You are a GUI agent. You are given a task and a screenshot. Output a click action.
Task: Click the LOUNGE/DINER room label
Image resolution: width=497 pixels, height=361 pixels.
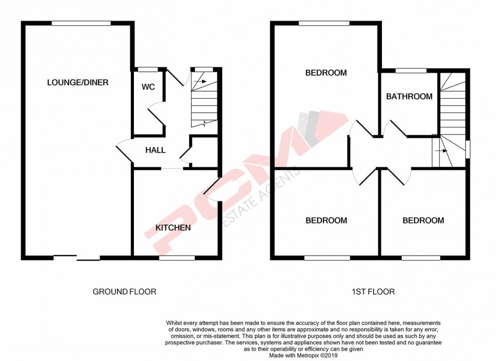pyautogui.click(x=78, y=82)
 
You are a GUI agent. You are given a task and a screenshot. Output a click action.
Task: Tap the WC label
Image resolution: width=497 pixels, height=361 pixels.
pyautogui.click(x=148, y=87)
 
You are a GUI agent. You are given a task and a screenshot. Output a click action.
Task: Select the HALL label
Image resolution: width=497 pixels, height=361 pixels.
pyautogui.click(x=155, y=150)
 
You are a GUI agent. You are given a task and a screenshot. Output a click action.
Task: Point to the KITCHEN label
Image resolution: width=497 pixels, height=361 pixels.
pyautogui.click(x=173, y=228)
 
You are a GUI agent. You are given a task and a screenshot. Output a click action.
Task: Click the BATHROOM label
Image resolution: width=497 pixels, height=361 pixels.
pyautogui.click(x=409, y=96)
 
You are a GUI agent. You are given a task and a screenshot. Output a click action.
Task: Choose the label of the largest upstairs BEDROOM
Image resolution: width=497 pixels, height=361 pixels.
pyautogui.click(x=326, y=73)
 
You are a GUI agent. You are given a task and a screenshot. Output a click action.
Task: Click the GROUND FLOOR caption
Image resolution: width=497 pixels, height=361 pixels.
pyautogui.click(x=124, y=292)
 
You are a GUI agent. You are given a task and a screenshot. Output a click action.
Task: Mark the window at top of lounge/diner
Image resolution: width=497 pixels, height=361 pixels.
pyautogui.click(x=81, y=23)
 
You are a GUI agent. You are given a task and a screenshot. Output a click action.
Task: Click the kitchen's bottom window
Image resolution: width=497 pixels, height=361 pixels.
pyautogui.click(x=176, y=258)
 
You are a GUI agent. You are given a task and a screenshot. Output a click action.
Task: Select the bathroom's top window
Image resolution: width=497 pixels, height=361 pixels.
pyautogui.click(x=411, y=70)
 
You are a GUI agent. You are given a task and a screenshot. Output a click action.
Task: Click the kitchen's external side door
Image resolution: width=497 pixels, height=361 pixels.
pyautogui.click(x=213, y=190)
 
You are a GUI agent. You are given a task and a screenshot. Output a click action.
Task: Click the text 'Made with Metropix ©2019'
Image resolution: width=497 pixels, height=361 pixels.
pyautogui.click(x=302, y=355)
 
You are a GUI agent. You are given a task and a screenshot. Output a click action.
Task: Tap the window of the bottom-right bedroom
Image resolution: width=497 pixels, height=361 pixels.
pyautogui.click(x=421, y=258)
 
